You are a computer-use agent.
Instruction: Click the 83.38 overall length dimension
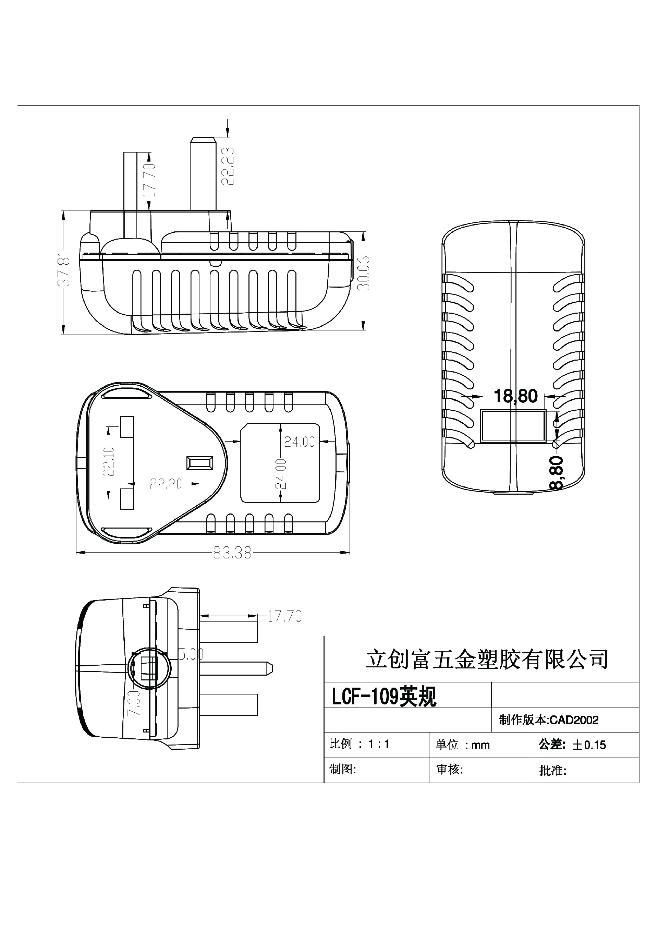[x=232, y=553]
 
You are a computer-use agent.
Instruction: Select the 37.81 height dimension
[x=64, y=269]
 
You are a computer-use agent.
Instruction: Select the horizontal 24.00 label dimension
[x=299, y=442]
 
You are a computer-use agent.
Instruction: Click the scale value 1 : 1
[x=379, y=744]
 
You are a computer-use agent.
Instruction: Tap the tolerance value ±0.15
[x=589, y=745]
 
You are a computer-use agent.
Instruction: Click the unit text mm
[x=480, y=745]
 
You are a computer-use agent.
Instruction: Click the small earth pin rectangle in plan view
[x=199, y=463]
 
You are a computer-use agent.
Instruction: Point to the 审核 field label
[x=449, y=769]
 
